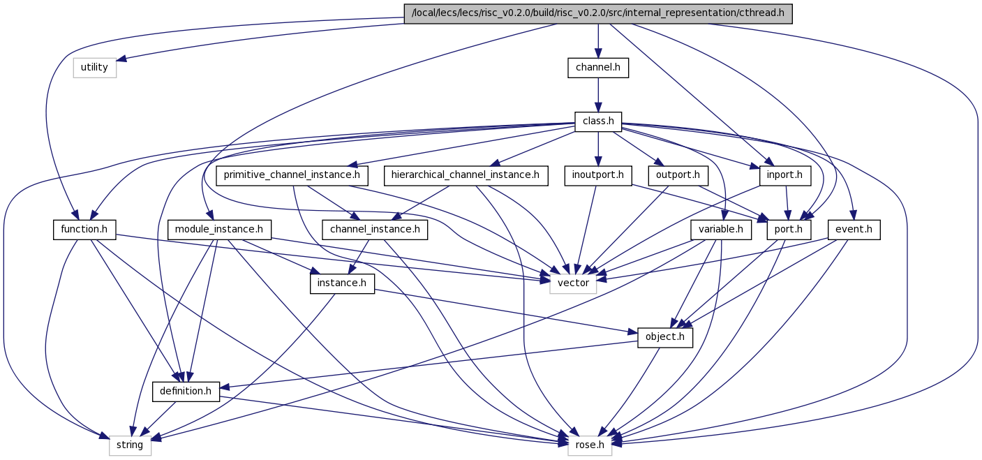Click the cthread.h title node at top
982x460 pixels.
(598, 13)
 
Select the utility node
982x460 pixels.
(95, 68)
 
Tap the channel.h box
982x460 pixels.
(598, 68)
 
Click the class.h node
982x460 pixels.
(598, 121)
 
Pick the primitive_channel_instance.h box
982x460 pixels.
(292, 175)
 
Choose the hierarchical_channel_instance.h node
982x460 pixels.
(466, 175)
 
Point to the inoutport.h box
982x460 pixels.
(598, 175)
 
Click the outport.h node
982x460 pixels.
(678, 175)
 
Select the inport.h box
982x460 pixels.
(784, 175)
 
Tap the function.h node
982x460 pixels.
(84, 230)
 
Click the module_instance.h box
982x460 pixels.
(219, 230)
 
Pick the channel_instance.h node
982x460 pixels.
(375, 230)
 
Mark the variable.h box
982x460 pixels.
(721, 230)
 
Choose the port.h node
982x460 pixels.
(789, 230)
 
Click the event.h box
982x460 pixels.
(854, 230)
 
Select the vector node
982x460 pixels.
(574, 283)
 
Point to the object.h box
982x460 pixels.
(665, 337)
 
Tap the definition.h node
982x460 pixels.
(186, 391)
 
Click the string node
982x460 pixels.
(131, 445)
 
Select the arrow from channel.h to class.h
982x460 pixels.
(598, 95)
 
